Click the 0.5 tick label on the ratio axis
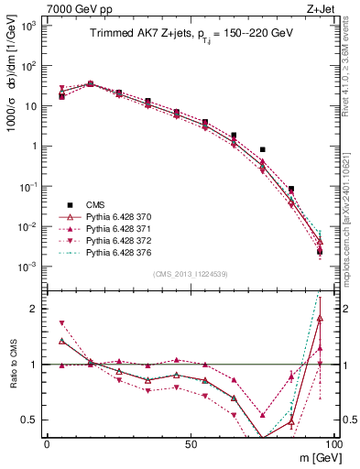(x=29, y=420)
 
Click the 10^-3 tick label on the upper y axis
(x=28, y=267)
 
